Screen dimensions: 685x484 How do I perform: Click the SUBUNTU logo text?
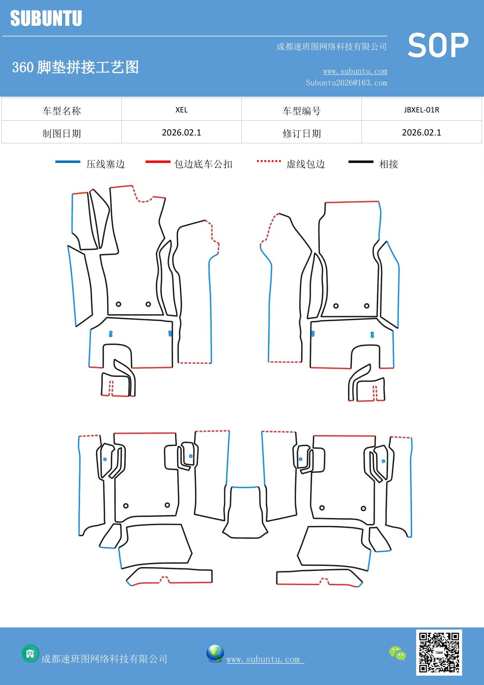46,18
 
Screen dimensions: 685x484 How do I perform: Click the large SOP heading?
438,46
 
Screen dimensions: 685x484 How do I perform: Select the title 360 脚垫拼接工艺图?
75,67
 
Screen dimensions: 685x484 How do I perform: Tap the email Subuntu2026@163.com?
346,83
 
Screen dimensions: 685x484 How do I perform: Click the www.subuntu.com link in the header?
355,71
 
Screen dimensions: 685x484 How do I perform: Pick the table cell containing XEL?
181,110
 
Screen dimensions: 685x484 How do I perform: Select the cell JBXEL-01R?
421,110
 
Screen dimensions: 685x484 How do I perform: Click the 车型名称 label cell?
62,111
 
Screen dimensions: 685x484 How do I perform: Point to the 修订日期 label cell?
301,133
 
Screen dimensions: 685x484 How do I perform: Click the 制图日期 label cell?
62,133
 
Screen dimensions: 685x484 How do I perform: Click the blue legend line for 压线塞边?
68,162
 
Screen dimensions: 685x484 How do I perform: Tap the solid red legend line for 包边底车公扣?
158,162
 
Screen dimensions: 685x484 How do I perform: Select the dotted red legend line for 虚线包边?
269,161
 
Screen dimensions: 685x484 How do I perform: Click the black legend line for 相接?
361,162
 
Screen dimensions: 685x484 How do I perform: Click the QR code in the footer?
439,652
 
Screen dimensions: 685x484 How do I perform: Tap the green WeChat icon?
397,653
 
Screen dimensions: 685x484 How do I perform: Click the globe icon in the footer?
215,653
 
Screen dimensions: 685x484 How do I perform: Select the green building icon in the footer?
30,653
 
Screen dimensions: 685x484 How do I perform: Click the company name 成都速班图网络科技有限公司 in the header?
332,47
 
